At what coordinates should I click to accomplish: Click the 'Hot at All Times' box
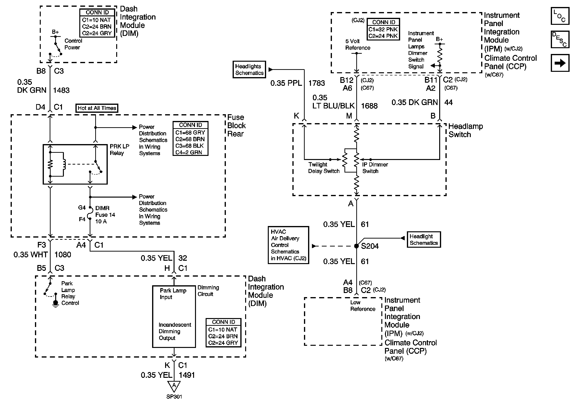pos(97,108)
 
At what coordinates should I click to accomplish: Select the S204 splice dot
pos(356,246)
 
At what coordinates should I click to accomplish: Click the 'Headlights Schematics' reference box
pos(249,70)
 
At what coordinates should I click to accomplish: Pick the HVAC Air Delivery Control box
pos(288,245)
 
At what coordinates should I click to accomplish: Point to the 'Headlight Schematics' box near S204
pos(424,240)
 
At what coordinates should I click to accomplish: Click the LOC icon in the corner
pos(560,16)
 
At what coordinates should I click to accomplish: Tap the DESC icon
pos(560,40)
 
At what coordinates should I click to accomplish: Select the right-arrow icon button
pos(560,63)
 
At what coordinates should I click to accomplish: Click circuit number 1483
pos(61,90)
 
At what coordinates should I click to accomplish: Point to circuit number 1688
pos(369,106)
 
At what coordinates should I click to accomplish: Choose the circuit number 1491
pos(187,375)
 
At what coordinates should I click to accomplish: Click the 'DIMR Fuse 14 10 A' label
pos(105,215)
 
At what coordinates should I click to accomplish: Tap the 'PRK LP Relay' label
pos(120,150)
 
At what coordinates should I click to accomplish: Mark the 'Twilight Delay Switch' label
pos(324,168)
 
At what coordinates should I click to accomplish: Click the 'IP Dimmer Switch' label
pos(375,168)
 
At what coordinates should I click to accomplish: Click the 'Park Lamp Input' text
pos(173,294)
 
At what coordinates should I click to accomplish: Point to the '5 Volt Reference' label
pos(357,45)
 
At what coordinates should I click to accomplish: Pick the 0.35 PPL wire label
pos(286,83)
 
